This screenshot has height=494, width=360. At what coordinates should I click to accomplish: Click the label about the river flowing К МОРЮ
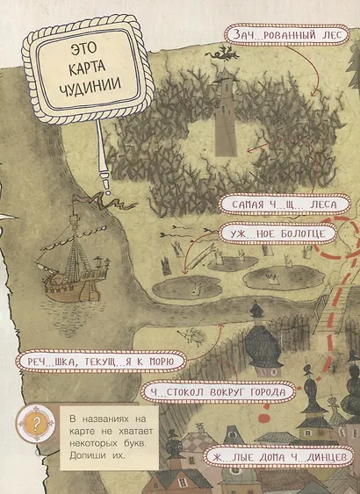tap(92, 362)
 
